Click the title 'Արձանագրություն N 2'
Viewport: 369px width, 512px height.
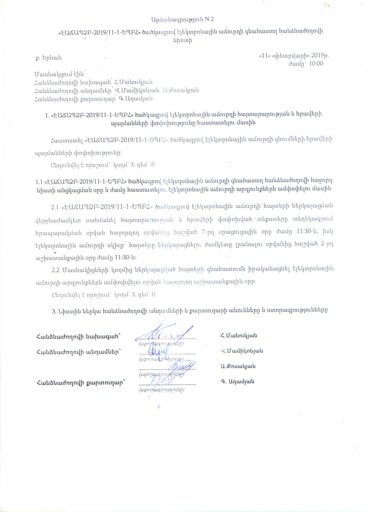(182, 19)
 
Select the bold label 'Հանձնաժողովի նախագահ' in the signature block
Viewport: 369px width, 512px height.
(78, 336)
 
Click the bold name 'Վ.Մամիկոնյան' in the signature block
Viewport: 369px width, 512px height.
(242, 351)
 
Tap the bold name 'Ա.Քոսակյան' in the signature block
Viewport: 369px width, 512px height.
(238, 366)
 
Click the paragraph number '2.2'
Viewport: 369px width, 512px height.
(55, 270)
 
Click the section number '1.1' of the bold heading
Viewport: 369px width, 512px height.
(39, 181)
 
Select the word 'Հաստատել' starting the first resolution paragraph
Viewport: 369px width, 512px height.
(66, 140)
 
